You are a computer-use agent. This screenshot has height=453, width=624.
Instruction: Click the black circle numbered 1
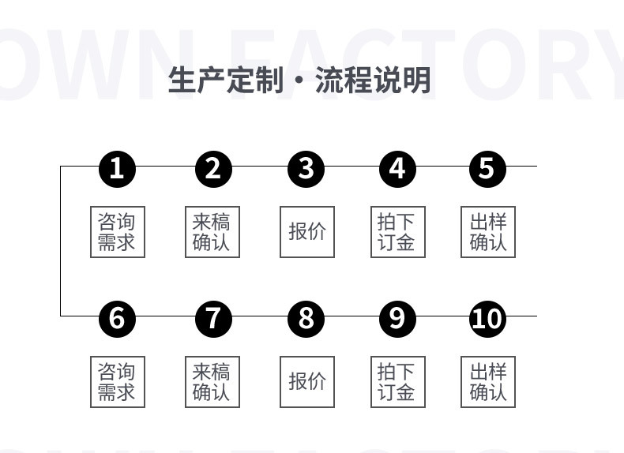click(117, 169)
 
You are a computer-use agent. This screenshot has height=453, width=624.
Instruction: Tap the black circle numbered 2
click(213, 169)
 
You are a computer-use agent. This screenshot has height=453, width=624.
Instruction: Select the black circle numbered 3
click(306, 169)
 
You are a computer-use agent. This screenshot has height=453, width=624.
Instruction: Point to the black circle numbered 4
click(397, 169)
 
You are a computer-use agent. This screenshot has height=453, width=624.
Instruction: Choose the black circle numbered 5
click(487, 169)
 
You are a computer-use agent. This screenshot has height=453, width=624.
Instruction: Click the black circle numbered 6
click(117, 318)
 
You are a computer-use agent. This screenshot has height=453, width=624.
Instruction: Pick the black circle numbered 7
click(213, 318)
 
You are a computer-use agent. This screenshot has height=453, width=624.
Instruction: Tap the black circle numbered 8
click(306, 318)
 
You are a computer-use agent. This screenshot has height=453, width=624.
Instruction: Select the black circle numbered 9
click(397, 318)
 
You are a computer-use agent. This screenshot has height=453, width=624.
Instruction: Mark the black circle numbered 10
click(487, 318)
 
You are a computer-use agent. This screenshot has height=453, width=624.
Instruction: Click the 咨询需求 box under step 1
click(117, 232)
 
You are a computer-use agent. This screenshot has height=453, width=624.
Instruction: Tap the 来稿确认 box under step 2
click(212, 232)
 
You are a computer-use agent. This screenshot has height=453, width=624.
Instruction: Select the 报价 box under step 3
click(307, 232)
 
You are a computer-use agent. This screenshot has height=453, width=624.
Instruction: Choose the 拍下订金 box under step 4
click(397, 232)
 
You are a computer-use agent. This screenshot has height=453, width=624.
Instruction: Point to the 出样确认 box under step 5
click(488, 232)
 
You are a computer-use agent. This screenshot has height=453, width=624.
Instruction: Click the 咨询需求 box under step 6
click(117, 382)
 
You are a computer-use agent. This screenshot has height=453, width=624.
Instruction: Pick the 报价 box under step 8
click(307, 382)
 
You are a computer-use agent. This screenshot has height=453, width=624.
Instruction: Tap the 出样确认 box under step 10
click(488, 382)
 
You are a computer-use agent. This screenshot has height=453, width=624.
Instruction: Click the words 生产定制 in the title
click(224, 80)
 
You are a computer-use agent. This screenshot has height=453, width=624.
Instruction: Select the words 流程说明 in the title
click(373, 80)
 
